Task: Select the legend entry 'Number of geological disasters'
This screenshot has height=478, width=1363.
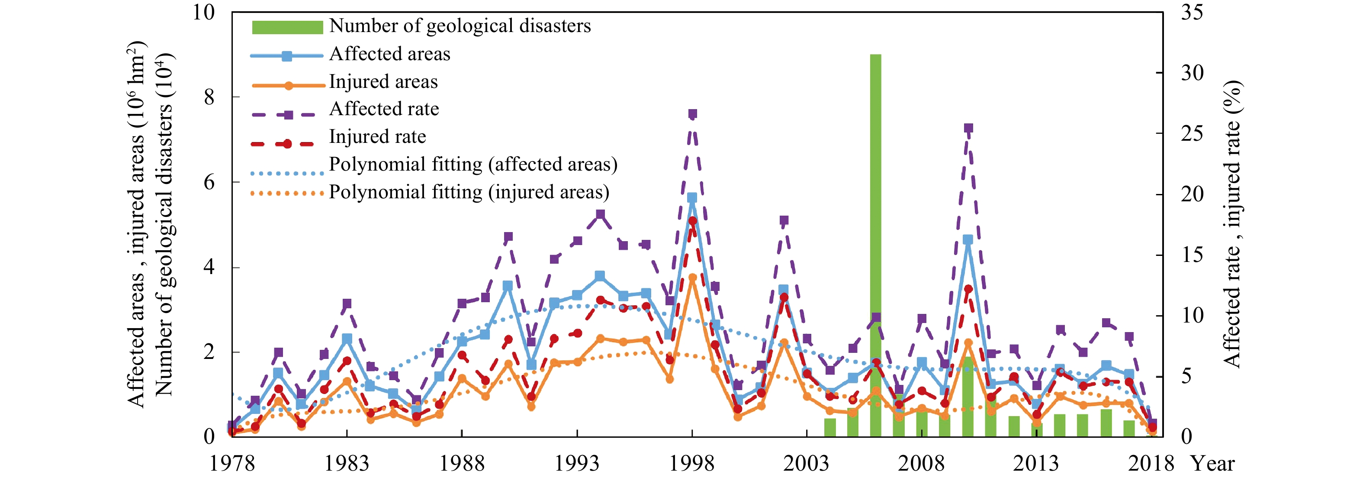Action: coord(459,26)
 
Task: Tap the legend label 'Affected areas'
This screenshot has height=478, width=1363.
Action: coord(389,54)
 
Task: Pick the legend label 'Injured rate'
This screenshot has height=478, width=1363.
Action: coord(377,136)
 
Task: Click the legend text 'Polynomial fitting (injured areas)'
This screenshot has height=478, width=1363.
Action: coord(469,192)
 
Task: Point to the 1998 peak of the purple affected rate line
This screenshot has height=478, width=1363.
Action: coord(692,114)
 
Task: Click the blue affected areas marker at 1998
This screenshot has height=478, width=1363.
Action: coord(692,198)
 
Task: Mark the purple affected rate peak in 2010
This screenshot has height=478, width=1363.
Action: coord(968,128)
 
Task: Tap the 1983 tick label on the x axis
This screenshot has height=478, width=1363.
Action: coord(347,464)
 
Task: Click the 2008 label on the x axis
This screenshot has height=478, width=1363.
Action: coord(921,464)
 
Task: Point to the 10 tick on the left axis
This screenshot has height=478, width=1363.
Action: coord(204,13)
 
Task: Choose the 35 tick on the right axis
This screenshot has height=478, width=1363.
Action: coord(1192,13)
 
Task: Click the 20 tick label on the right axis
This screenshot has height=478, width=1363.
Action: coord(1192,194)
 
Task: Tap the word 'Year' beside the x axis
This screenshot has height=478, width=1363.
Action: coord(1213,464)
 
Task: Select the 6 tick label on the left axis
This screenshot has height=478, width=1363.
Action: coord(209,183)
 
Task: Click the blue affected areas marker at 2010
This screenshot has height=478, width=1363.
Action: coord(968,240)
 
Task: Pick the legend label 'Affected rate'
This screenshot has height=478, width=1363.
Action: coord(384,109)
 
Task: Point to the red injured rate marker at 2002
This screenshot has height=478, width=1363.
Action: coord(784,297)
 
